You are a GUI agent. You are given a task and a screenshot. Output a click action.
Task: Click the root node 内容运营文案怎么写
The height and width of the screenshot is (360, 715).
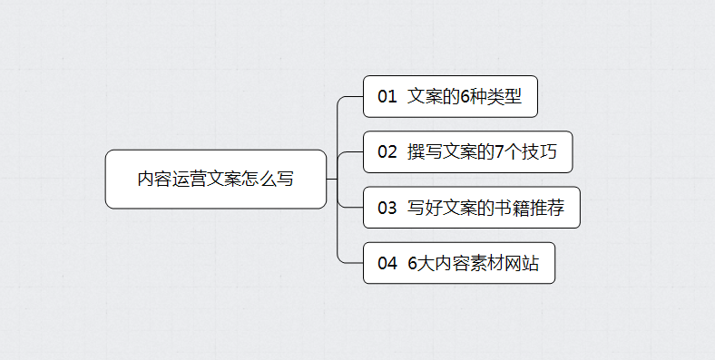point(215,179)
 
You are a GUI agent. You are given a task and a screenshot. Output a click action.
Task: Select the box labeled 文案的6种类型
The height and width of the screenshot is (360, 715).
point(450,96)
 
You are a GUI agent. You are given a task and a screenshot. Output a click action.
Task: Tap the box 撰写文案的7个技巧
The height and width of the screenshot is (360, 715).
point(467,151)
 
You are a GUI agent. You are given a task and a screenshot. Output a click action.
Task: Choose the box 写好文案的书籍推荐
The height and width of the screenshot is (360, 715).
point(471,208)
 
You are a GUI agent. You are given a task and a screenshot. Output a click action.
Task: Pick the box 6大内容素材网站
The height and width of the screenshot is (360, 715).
point(459,263)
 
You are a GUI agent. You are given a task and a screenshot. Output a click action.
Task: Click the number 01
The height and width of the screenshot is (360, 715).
point(387,97)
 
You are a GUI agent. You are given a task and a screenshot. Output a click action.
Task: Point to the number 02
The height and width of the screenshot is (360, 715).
point(387,152)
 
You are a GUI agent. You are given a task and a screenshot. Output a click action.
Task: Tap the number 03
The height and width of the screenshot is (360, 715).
point(387,209)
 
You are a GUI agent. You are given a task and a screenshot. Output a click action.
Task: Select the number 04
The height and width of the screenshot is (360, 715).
point(387,264)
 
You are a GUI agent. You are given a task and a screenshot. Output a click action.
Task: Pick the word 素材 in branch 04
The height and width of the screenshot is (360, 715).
point(487,264)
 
